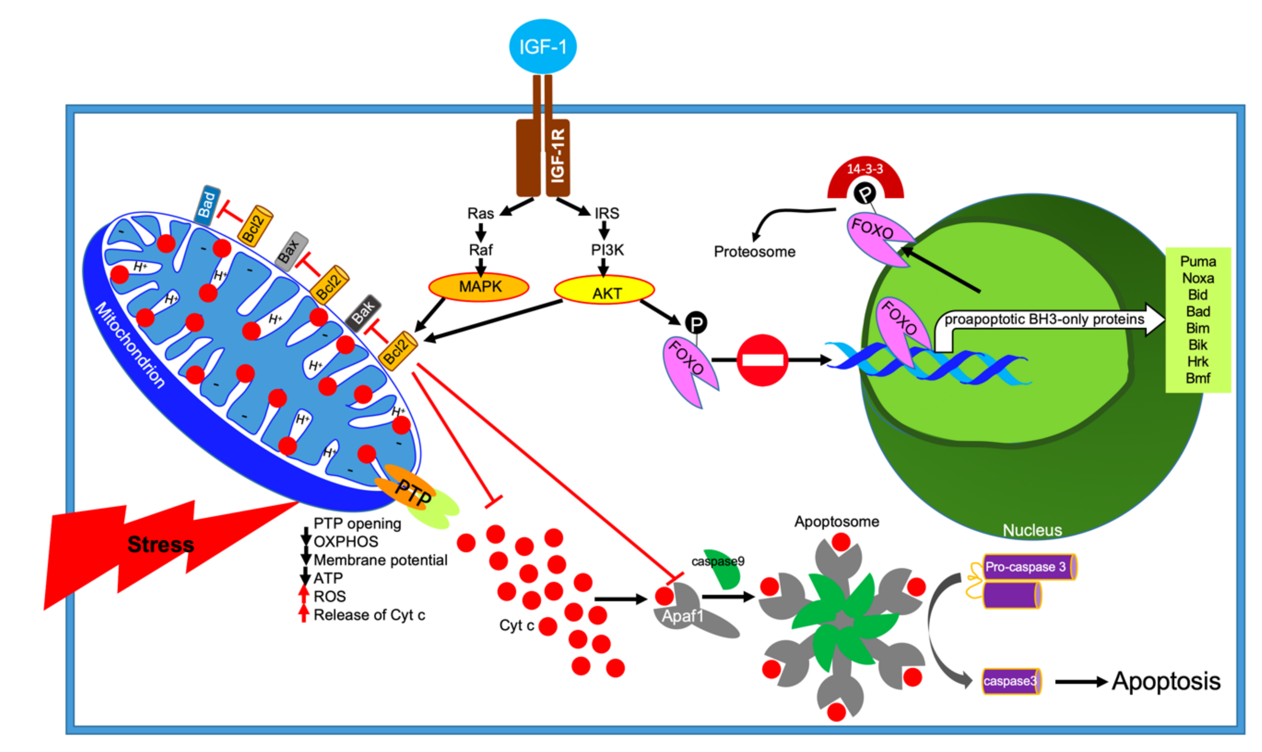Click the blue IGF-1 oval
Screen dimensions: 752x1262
tap(542, 47)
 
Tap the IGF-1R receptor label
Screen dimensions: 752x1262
tap(557, 156)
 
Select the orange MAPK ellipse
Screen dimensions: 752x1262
tap(479, 287)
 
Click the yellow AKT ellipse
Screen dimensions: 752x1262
tap(604, 291)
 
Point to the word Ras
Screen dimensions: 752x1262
tap(480, 213)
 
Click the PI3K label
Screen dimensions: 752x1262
tap(607, 250)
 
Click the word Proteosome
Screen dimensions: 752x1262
tap(754, 252)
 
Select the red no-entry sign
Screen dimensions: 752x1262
tap(762, 360)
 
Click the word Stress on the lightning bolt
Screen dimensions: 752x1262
tap(161, 545)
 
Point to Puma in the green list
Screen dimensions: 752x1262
tap(1198, 261)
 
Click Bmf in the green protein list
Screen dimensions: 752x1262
tap(1198, 378)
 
